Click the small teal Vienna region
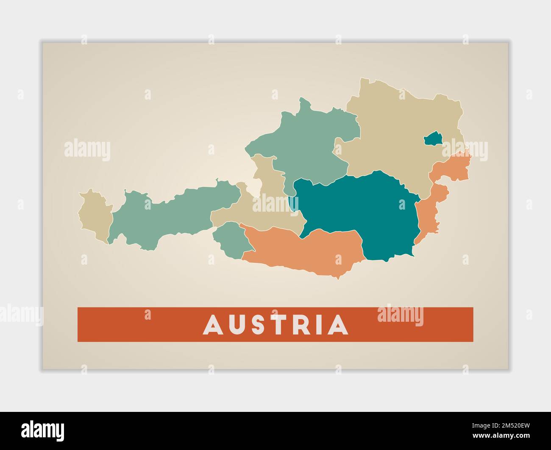pyautogui.click(x=433, y=139)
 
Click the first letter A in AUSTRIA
pyautogui.click(x=213, y=325)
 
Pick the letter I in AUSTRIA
pyautogui.click(x=317, y=325)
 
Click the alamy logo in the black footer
pyautogui.click(x=43, y=431)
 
